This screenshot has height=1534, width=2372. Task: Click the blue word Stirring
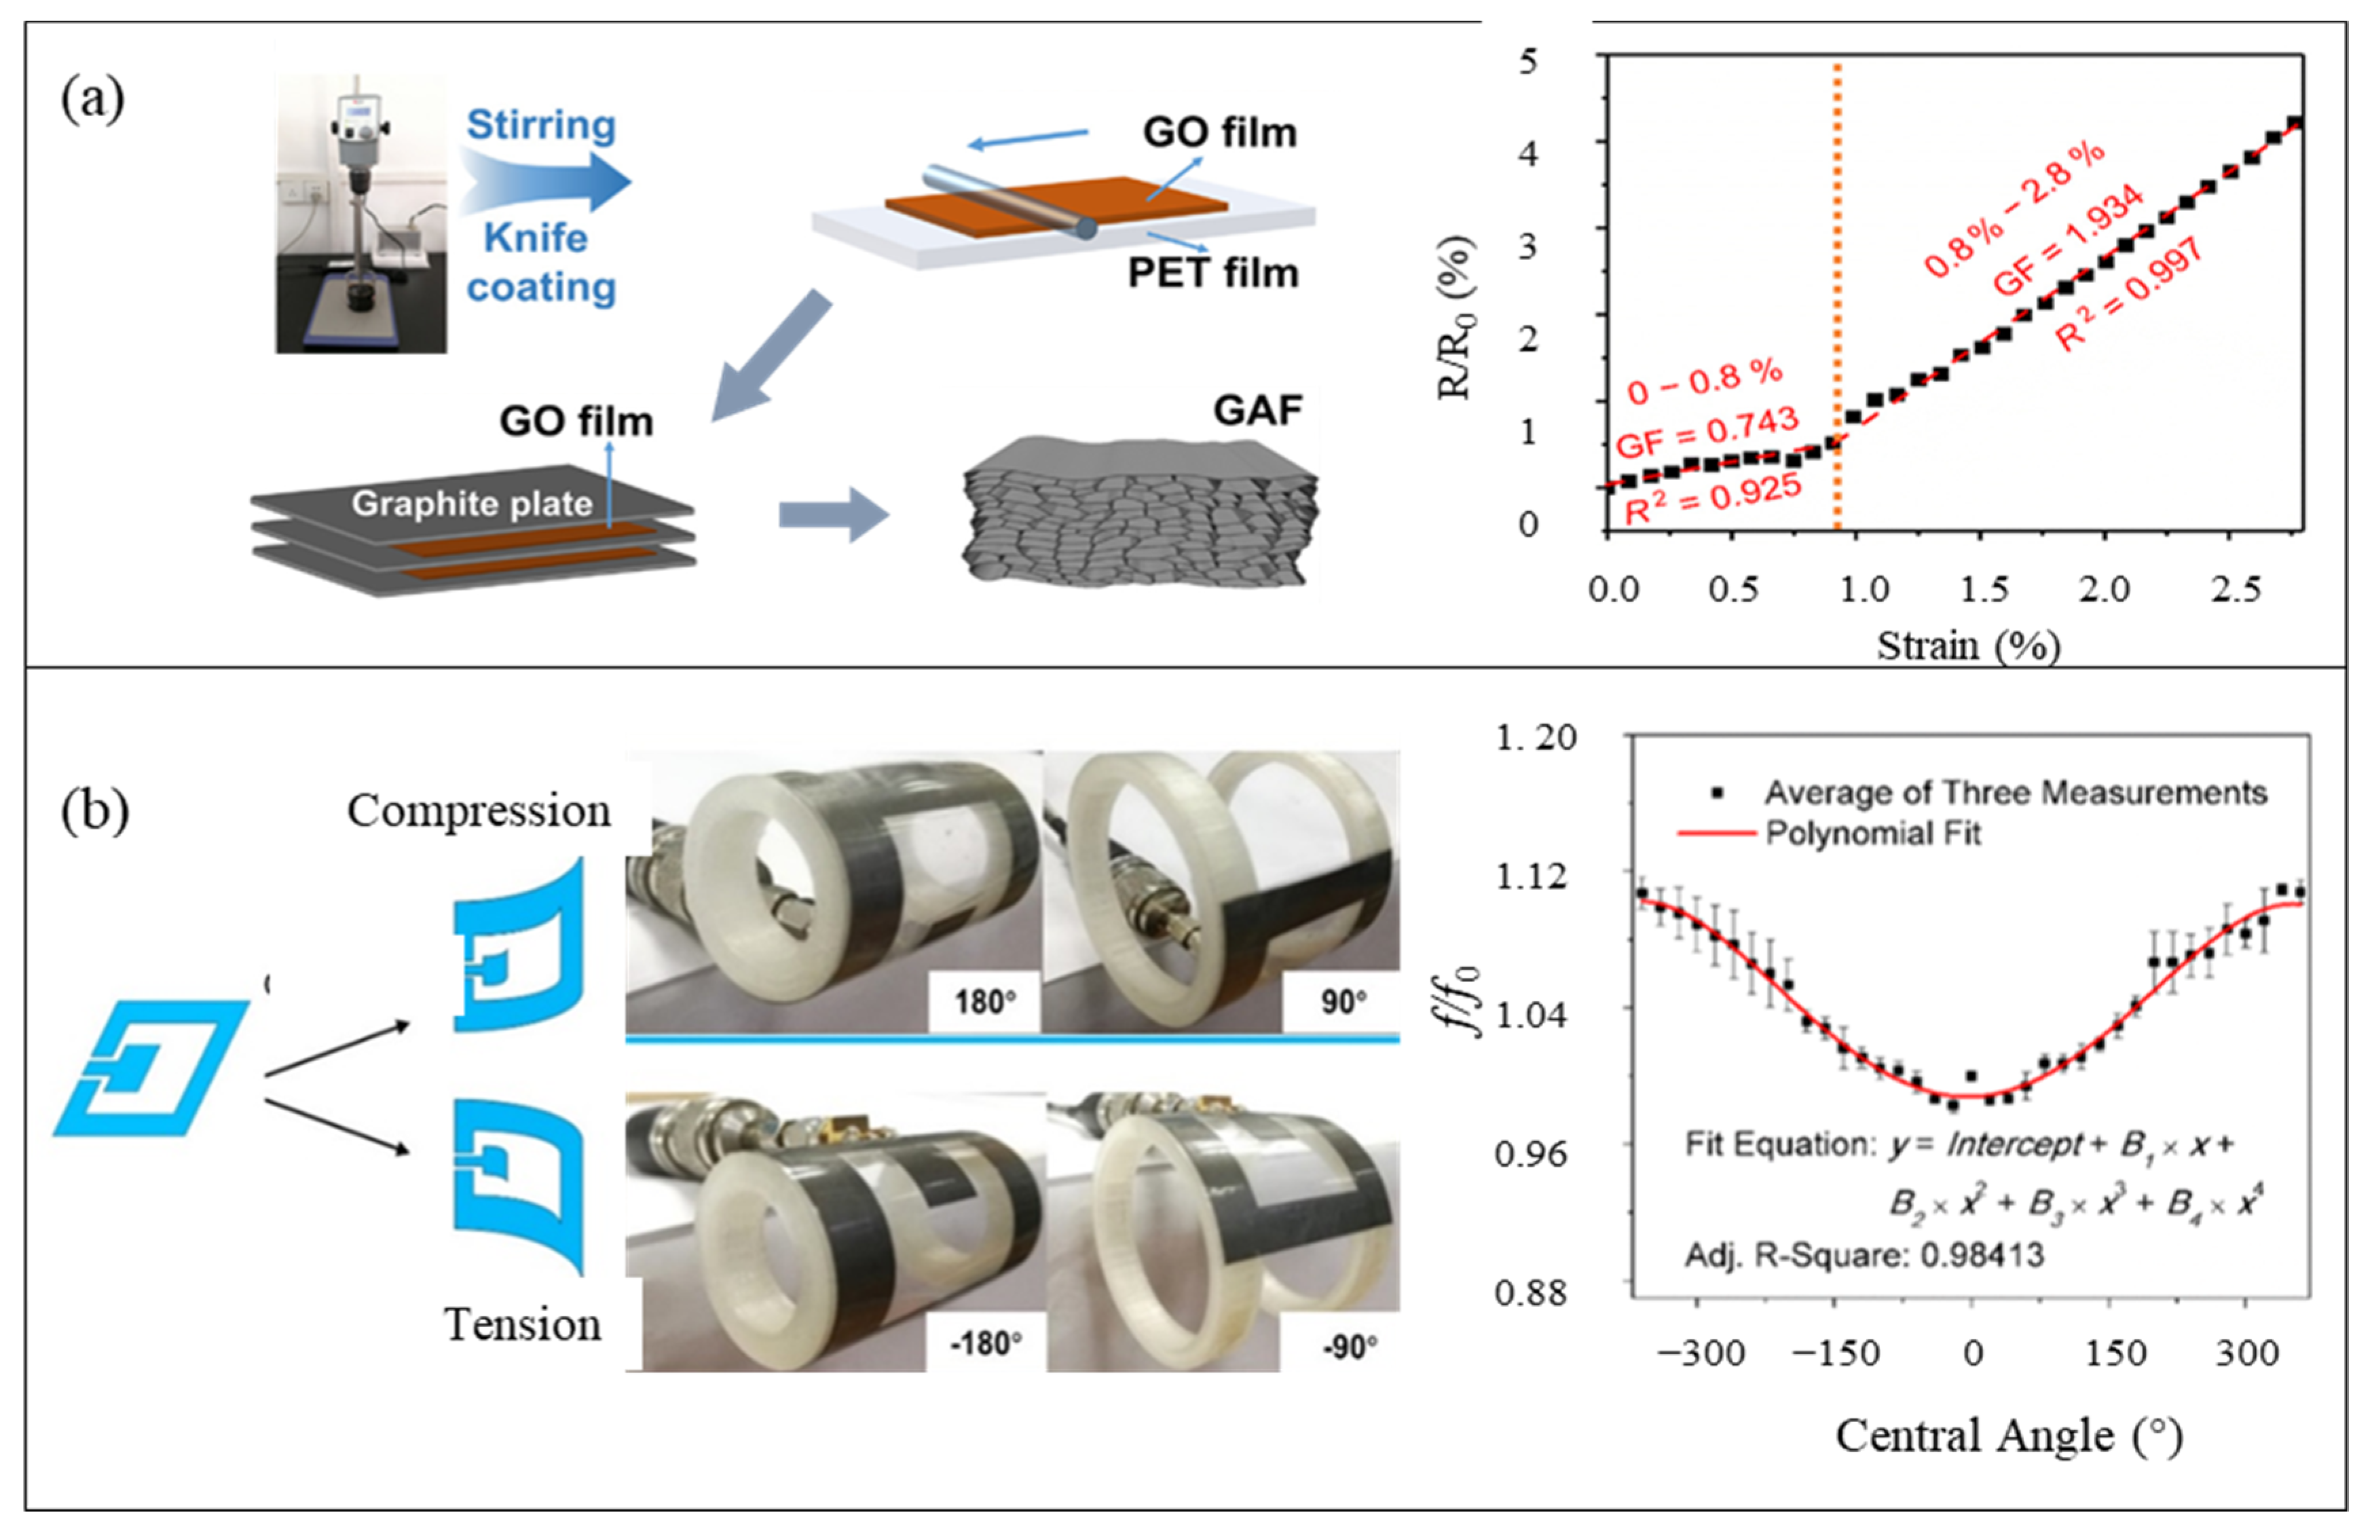point(541,124)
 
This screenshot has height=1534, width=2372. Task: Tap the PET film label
point(1212,272)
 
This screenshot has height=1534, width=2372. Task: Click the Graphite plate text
point(471,503)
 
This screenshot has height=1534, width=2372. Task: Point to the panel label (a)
point(92,100)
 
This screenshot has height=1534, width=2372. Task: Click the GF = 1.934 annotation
point(2067,240)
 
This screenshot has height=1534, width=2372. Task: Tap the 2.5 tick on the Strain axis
point(2236,590)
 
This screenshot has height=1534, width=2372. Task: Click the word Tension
point(522,1325)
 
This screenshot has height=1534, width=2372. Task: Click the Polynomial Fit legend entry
point(1873,833)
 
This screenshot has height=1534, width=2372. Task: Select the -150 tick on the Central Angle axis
point(1834,1353)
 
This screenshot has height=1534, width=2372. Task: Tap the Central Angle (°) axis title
point(2008,1436)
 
